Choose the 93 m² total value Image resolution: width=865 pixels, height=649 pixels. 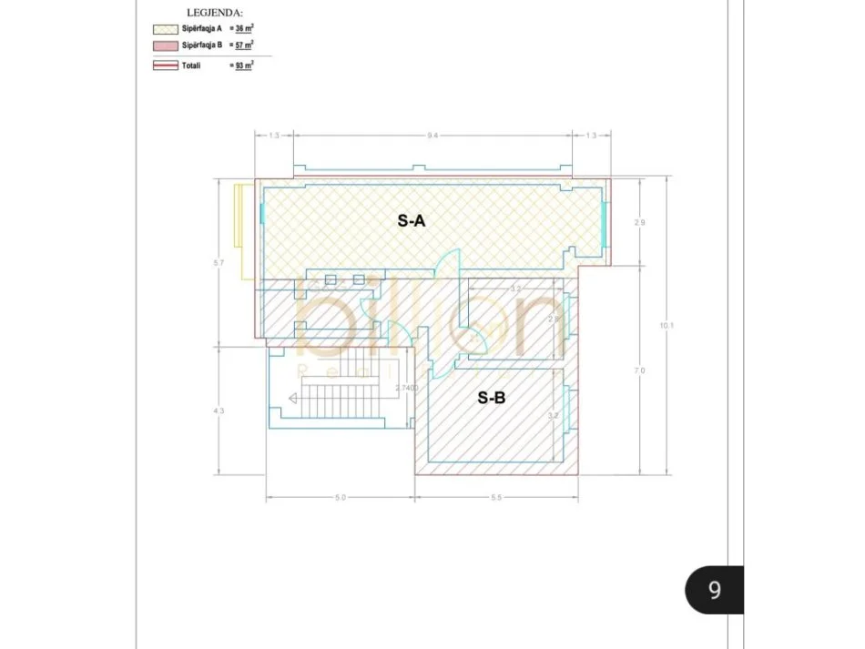(244, 66)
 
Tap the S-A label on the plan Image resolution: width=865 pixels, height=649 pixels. (412, 219)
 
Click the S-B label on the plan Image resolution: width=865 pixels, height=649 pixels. (493, 397)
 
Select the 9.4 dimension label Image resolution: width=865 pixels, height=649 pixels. (432, 136)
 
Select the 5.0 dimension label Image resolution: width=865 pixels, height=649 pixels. (341, 498)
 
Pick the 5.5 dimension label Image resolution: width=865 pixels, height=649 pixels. (497, 498)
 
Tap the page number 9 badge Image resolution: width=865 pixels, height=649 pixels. (715, 590)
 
